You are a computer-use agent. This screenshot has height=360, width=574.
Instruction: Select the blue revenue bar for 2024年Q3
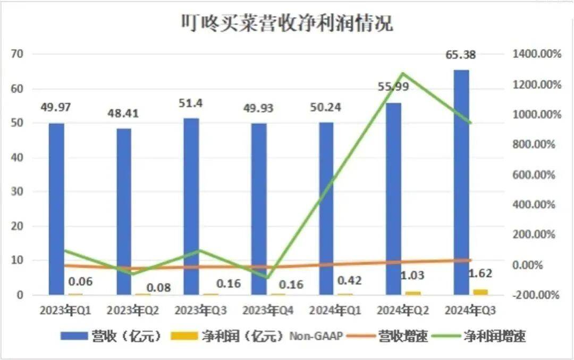[461, 181]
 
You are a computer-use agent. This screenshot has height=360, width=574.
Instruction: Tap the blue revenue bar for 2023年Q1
[56, 207]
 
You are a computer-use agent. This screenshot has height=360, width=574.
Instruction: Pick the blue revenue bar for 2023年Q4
[259, 207]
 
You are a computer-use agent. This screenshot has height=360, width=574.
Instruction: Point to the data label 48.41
[124, 113]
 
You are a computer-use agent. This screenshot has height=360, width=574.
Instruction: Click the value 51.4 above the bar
[191, 103]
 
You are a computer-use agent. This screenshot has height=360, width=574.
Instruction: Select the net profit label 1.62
[480, 274]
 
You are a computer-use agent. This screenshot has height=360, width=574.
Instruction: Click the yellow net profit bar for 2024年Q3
[480, 291]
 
